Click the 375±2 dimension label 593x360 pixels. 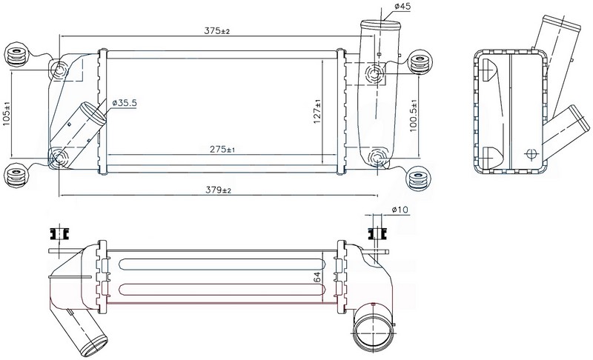pos(216,31)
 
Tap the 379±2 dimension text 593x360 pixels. pos(218,190)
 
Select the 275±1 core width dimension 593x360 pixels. pos(222,149)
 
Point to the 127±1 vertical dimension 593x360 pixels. pos(317,111)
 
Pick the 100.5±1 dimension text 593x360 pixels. pos(413,116)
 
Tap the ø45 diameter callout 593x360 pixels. pos(402,6)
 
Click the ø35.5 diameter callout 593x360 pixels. pos(125,102)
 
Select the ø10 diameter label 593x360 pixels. pos(400,210)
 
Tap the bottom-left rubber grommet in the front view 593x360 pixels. pos(16,176)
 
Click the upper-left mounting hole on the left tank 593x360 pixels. pos(59,70)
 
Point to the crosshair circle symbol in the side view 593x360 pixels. pos(531,154)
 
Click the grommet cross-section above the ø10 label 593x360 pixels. pos(377,234)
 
